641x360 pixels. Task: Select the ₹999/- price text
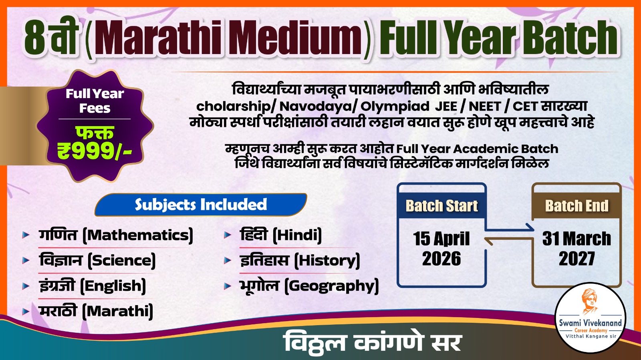click(x=95, y=151)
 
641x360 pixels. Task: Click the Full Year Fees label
click(x=95, y=101)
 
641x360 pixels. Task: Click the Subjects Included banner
click(x=201, y=205)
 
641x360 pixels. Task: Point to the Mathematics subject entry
click(x=116, y=235)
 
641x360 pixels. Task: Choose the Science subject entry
click(x=97, y=260)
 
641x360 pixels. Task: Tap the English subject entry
click(x=93, y=286)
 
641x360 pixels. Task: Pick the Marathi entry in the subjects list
click(x=96, y=311)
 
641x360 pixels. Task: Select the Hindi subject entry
click(x=281, y=235)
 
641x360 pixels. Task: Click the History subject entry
click(x=300, y=260)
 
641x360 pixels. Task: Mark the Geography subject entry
click(x=309, y=286)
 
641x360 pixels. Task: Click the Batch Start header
click(x=441, y=206)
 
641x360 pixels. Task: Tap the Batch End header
click(x=576, y=206)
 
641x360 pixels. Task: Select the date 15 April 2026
click(x=441, y=249)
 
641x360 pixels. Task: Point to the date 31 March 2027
click(x=576, y=249)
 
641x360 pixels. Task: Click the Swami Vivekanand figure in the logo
click(x=590, y=301)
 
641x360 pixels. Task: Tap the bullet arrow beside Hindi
click(x=228, y=235)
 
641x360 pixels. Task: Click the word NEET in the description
click(x=485, y=107)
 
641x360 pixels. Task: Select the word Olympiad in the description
click(x=395, y=107)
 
